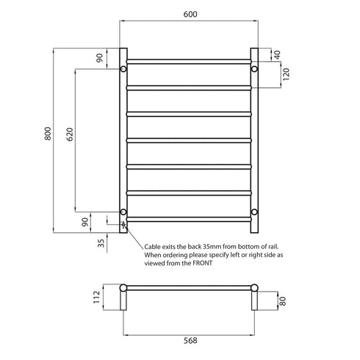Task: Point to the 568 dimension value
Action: (188, 340)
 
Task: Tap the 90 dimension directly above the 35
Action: (101, 220)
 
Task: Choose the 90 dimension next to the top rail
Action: (101, 58)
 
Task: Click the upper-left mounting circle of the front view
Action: (123, 69)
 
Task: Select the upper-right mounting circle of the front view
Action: (254, 69)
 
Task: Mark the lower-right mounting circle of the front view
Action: (254, 212)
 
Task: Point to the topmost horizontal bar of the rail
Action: (188, 60)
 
